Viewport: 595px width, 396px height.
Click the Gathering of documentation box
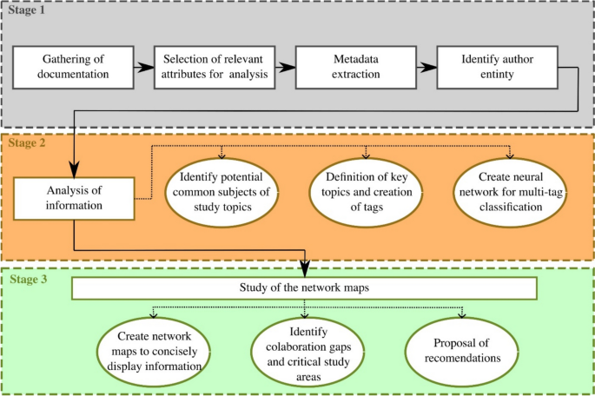point(76,67)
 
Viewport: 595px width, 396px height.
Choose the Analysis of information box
point(76,200)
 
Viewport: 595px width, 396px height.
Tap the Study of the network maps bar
point(302,287)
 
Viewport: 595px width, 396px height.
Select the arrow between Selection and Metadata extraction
point(288,67)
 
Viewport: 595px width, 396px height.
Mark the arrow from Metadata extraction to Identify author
point(426,67)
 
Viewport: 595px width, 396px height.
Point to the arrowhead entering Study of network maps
point(303,271)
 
